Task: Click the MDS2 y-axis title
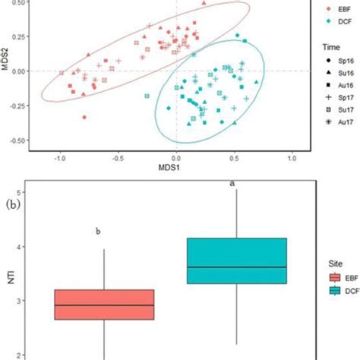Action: (6, 71)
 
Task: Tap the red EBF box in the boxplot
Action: (111, 305)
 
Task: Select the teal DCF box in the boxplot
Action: (237, 261)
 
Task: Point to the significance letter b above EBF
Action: (98, 232)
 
